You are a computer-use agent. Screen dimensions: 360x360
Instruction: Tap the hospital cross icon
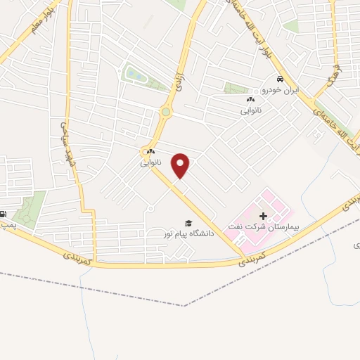point(263,216)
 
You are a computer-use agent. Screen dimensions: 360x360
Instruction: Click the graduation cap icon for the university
point(187,222)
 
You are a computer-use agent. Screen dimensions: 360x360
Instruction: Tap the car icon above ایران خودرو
point(281,80)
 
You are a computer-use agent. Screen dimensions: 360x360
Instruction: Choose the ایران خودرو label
point(281,91)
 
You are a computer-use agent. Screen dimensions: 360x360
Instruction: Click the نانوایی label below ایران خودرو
point(251,110)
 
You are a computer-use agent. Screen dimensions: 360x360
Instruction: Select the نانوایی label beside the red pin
point(150,162)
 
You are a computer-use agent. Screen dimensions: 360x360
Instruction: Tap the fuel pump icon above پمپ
point(4,214)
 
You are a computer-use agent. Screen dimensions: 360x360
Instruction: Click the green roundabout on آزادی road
point(166,111)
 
